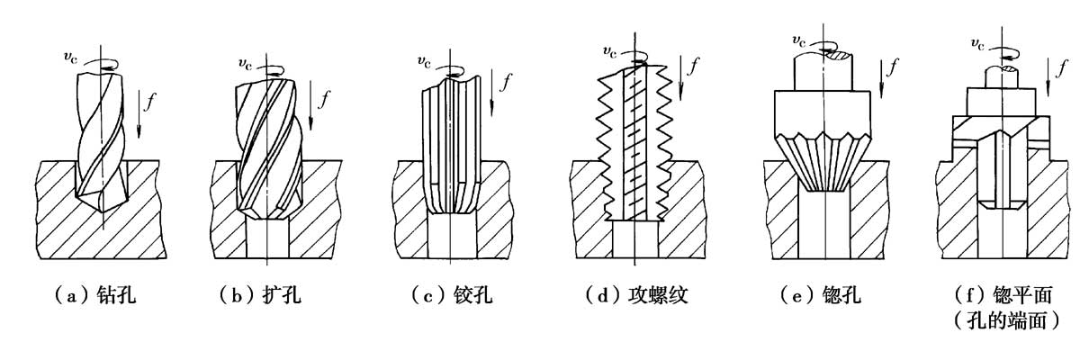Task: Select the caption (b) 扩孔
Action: tap(260, 294)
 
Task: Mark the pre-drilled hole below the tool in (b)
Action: tap(267, 238)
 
